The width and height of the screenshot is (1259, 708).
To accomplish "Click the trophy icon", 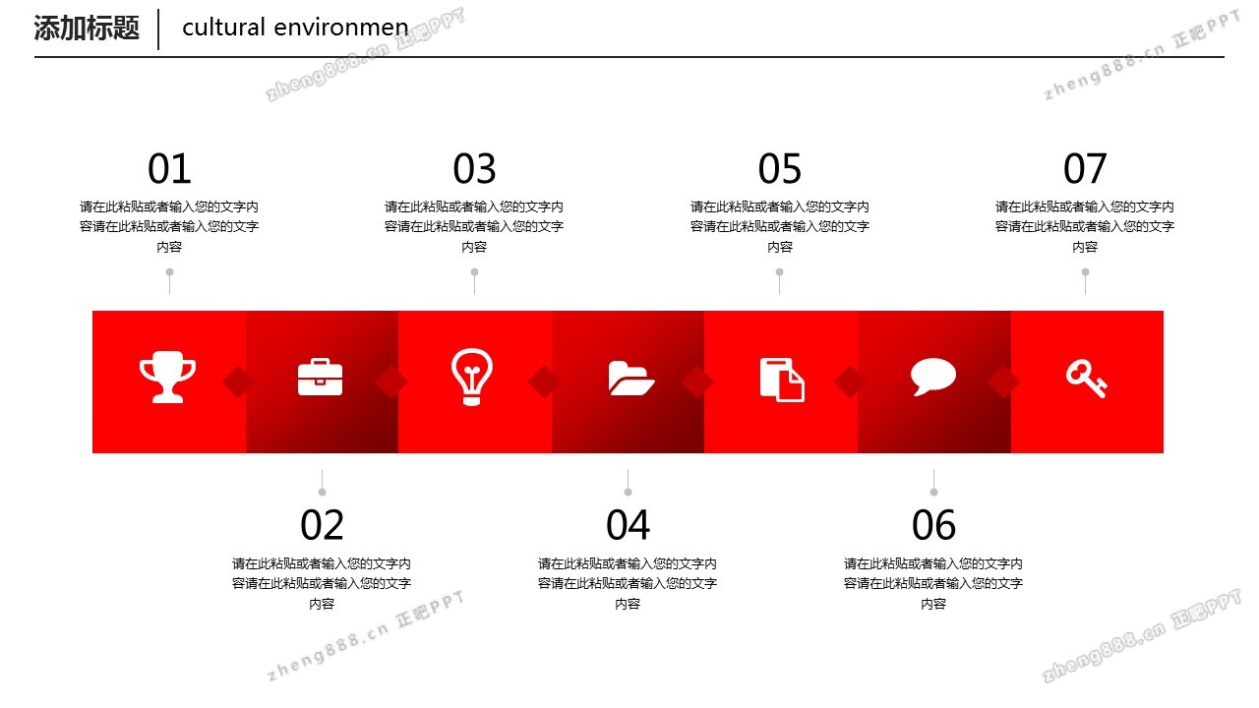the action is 167,377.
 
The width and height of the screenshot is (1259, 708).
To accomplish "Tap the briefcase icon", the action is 320,377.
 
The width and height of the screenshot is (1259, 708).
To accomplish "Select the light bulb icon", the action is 471,377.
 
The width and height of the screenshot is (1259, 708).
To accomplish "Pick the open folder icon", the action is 630,379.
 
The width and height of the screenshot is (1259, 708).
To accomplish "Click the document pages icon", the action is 782,380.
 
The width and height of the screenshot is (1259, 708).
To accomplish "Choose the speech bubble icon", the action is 933,377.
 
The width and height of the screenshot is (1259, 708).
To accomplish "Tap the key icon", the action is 1087,380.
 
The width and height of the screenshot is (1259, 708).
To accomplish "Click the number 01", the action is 169,168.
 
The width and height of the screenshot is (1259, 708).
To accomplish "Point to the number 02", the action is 322,525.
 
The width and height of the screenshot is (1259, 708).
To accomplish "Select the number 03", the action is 474,168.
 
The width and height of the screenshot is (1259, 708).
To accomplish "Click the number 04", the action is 628,525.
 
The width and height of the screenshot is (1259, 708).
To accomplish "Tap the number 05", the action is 780,168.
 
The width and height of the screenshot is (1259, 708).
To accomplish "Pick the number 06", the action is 933,525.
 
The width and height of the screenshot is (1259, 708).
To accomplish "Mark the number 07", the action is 1085,168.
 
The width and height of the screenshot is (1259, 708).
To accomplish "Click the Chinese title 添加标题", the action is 87,28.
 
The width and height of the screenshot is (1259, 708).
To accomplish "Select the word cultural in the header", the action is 223,27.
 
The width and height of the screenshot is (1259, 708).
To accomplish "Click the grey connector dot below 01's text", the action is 170,272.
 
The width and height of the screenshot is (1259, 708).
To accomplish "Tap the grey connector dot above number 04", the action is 628,493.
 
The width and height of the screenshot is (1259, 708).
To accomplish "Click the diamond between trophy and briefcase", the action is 238,383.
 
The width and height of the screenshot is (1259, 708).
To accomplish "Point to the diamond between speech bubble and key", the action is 1003,383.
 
